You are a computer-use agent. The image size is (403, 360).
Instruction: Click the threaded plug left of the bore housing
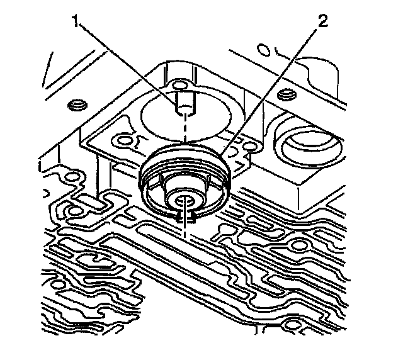pos(78,104)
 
